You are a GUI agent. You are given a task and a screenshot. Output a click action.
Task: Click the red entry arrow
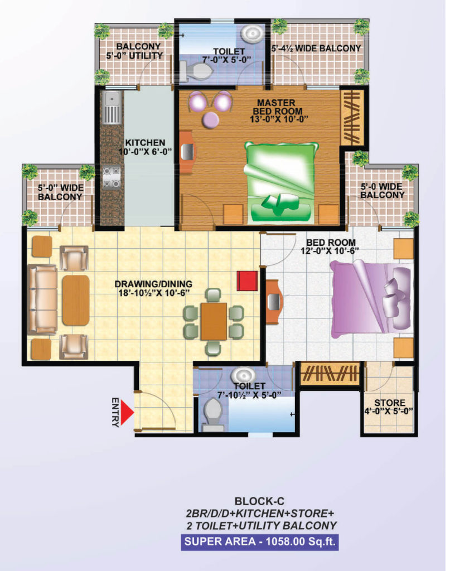coord(127,412)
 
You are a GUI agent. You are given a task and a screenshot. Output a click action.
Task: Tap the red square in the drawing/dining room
coord(247,280)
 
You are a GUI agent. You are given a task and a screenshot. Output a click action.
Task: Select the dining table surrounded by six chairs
coord(214,321)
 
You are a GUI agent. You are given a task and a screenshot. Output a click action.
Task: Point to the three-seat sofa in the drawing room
coord(42,299)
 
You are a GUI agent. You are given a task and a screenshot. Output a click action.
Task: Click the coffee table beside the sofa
coord(76,300)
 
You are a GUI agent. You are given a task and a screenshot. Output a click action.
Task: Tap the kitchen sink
coord(112,108)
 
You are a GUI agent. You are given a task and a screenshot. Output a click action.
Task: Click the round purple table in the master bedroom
coord(211,119)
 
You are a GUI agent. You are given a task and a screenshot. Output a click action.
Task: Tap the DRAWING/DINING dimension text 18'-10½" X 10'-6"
coord(154,293)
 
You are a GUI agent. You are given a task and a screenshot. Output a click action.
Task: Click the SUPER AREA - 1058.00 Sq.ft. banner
coord(260,541)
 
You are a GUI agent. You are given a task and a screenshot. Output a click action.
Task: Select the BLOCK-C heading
coord(259,501)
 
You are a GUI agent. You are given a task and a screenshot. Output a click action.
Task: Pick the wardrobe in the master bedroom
coord(352,118)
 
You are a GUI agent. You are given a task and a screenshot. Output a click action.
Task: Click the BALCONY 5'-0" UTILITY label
coord(134,51)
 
